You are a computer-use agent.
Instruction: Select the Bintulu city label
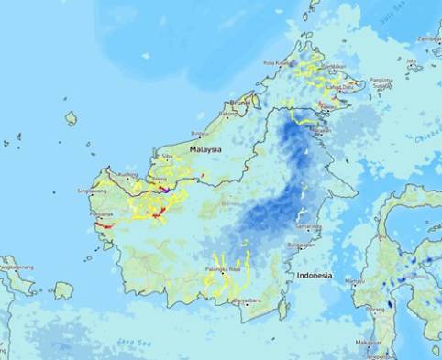(x=200, y=133)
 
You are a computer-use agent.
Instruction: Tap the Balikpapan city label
(x=296, y=245)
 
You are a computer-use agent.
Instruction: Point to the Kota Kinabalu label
(x=277, y=63)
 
